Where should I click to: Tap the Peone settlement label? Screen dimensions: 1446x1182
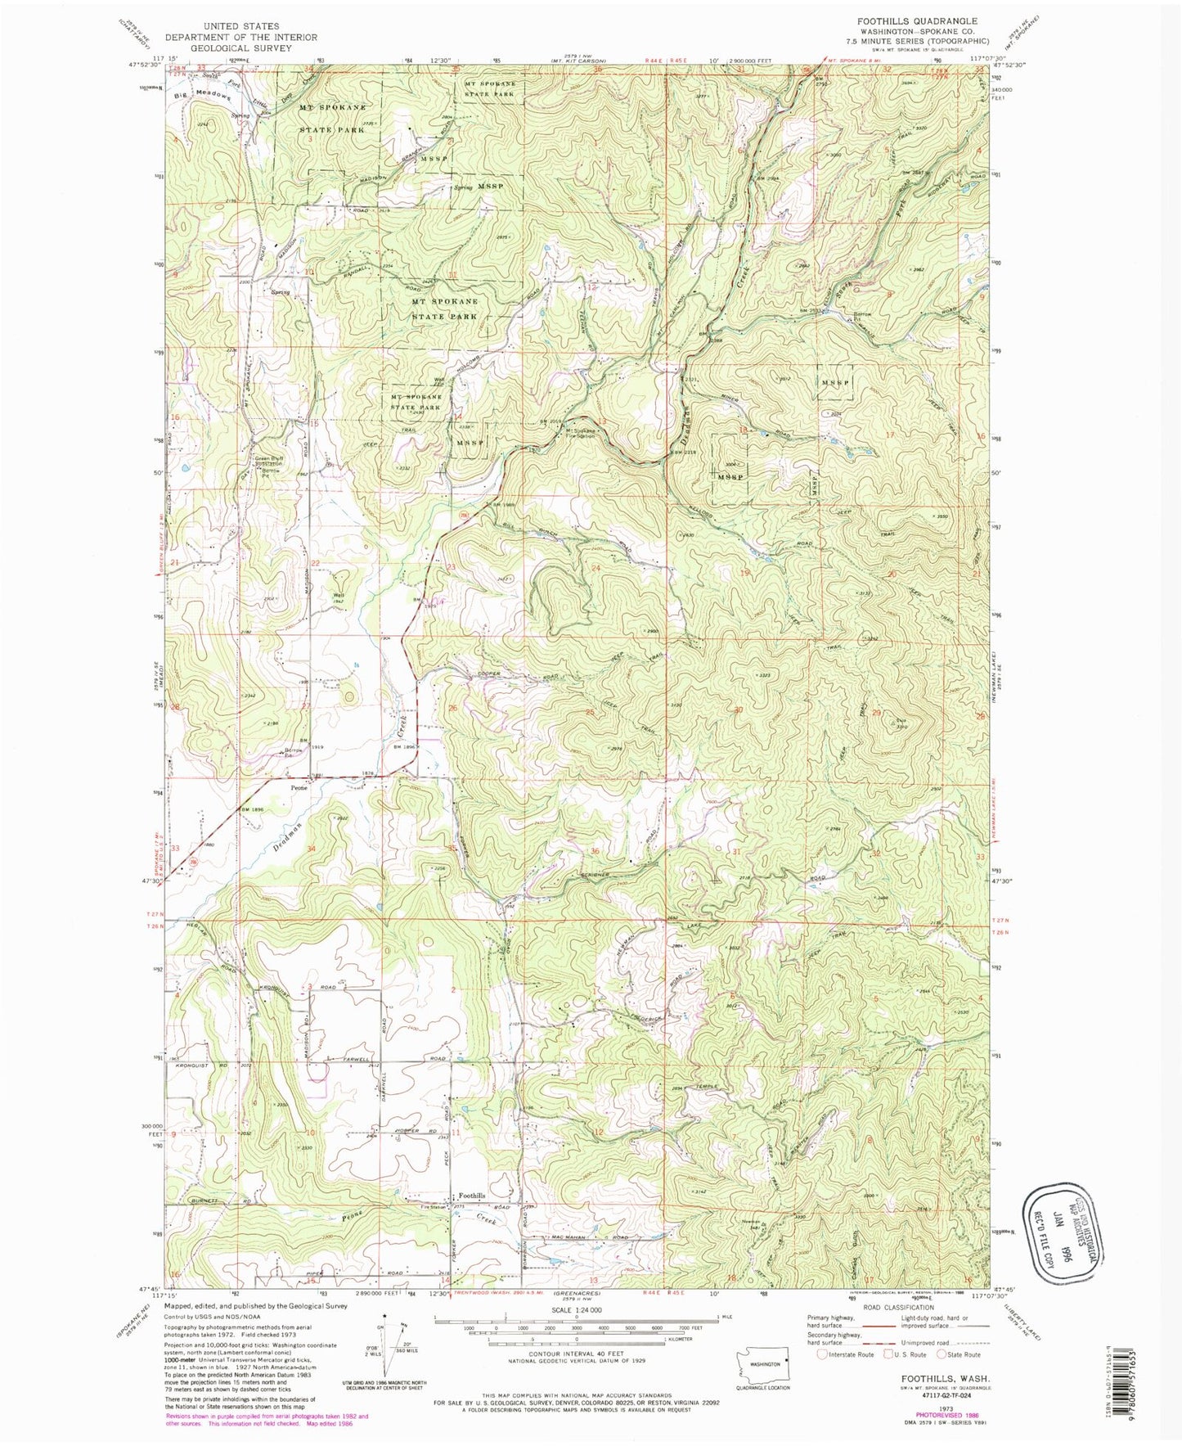point(299,788)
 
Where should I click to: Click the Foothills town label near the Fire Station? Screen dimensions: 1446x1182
point(471,1196)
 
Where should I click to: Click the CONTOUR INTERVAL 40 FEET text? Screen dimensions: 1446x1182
point(577,1353)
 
